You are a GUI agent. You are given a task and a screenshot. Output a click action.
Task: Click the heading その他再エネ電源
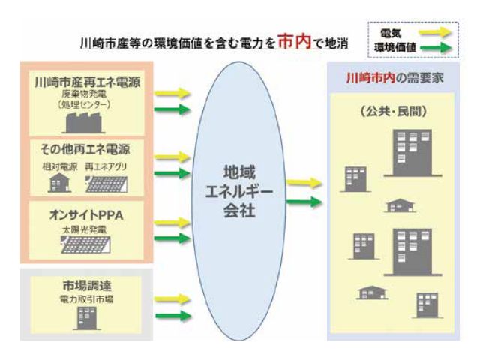(x=82, y=149)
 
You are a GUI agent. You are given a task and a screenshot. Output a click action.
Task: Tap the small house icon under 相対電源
(x=58, y=182)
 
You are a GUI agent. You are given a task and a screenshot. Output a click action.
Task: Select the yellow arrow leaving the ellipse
(x=303, y=183)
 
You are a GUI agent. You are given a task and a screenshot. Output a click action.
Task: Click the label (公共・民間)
(x=394, y=112)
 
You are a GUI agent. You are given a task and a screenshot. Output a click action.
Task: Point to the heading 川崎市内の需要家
(x=394, y=78)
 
